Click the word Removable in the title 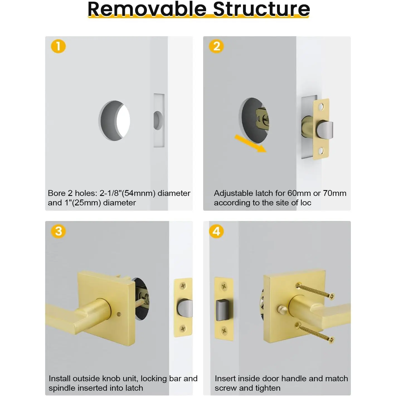[x=147, y=9]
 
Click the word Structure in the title [x=261, y=9]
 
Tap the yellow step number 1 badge [x=58, y=46]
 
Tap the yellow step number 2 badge [x=216, y=46]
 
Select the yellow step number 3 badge [x=58, y=231]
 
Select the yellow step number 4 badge [x=216, y=231]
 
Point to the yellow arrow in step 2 [x=251, y=143]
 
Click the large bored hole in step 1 [x=114, y=121]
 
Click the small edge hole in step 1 [x=158, y=120]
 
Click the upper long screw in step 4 [x=316, y=291]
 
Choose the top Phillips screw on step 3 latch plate [x=183, y=286]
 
